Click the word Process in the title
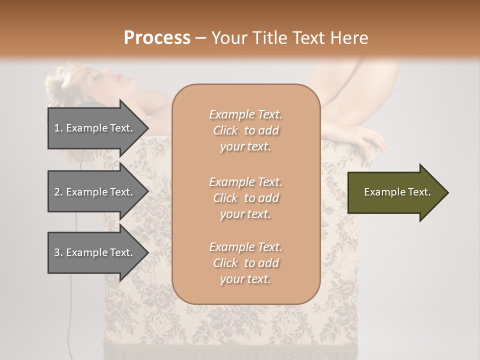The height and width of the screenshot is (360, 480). pos(157,37)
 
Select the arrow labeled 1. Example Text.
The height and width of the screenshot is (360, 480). pos(95,128)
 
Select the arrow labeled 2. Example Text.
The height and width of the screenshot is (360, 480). pos(95,192)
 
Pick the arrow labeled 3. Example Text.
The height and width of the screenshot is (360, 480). pos(95,252)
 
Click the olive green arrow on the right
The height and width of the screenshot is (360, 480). pos(395,192)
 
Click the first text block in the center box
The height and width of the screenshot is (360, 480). pos(245,130)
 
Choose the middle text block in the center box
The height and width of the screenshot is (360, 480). pos(245,198)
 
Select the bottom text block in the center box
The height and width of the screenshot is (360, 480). pos(245,263)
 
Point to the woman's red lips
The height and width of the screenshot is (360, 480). pos(119,76)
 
